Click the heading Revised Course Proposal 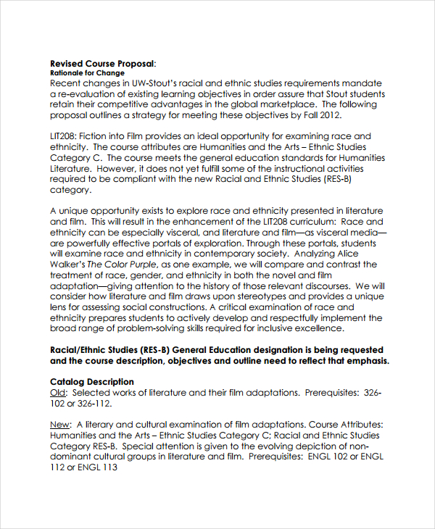[101, 62]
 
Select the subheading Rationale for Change [87, 73]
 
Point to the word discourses [318, 286]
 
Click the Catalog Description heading [91, 381]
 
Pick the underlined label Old [59, 392]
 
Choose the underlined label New [60, 425]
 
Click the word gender [146, 275]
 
